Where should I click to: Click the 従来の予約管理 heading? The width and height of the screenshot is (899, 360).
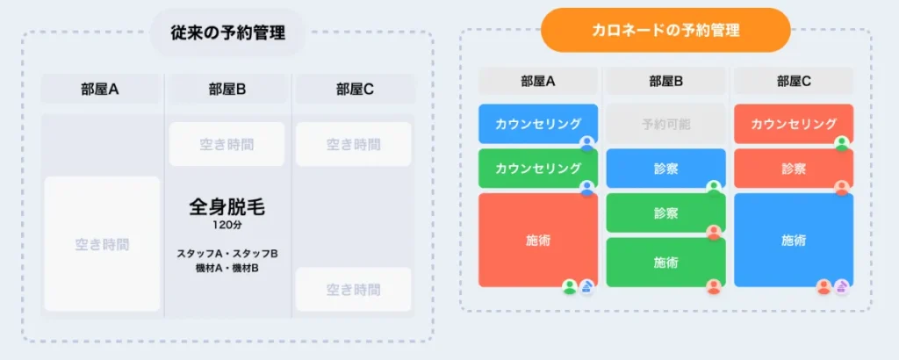pos(227,33)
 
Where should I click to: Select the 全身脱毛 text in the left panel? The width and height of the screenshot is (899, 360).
pos(227,207)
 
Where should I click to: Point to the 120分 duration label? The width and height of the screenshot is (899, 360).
pos(227,225)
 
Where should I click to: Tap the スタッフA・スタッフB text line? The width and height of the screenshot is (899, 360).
pos(227,254)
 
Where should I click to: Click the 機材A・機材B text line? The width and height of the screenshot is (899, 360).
pos(227,268)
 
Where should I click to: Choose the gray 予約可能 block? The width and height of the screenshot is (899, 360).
pos(665,124)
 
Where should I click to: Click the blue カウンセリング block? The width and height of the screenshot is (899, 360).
pos(537,124)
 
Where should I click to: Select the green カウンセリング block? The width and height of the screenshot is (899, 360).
pos(537,168)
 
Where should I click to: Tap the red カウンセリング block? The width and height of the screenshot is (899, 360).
pos(793,124)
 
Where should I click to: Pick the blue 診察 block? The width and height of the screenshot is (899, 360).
pos(665,168)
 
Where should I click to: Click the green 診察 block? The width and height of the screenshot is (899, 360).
pos(665,212)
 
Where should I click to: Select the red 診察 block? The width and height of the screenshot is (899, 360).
pos(793,168)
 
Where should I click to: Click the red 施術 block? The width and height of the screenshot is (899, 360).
pos(537,240)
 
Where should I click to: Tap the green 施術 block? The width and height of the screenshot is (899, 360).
pos(665,262)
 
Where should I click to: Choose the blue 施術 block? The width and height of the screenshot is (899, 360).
pos(793,240)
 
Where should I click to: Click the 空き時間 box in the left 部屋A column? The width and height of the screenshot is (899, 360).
pos(102,244)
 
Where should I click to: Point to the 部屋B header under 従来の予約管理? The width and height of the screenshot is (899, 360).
pos(227,89)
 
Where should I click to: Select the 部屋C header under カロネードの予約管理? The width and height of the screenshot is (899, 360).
pos(793,81)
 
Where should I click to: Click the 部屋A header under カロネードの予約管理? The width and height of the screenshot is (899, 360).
pos(537,81)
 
